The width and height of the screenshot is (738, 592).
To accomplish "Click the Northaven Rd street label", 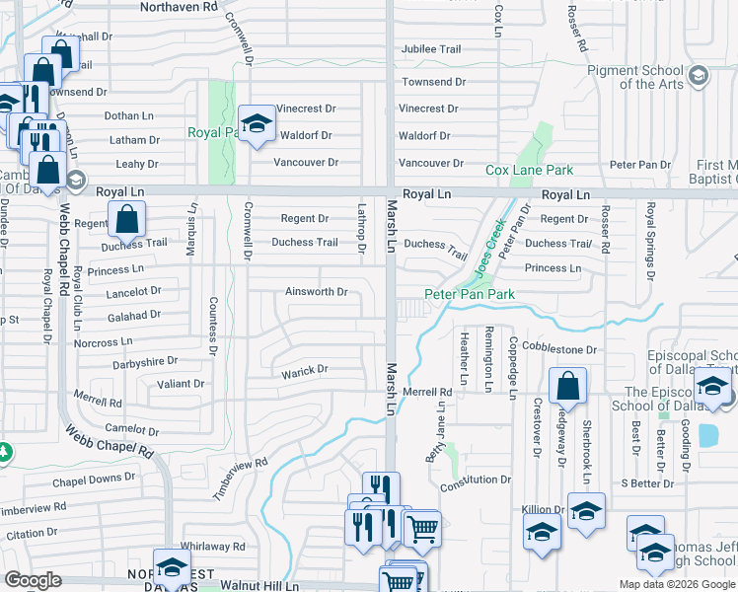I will pyautogui.click(x=179, y=7).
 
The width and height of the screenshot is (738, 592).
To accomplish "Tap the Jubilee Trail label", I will pyautogui.click(x=429, y=49).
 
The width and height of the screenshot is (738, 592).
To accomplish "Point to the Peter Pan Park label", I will pyautogui.click(x=470, y=294).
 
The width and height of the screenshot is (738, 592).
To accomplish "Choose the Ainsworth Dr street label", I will pyautogui.click(x=316, y=292).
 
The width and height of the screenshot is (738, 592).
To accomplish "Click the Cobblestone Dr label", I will pyautogui.click(x=559, y=349).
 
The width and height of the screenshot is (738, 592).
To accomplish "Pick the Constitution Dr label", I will pyautogui.click(x=476, y=480).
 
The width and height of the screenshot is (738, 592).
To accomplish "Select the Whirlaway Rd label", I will pyautogui.click(x=212, y=546).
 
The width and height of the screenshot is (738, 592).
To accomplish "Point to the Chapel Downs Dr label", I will pyautogui.click(x=94, y=478).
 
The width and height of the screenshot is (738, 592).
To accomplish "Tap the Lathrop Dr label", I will pyautogui.click(x=362, y=228).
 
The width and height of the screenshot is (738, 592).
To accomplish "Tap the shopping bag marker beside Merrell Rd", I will pyautogui.click(x=567, y=385).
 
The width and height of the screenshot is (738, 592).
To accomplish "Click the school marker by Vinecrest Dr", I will pyautogui.click(x=257, y=123).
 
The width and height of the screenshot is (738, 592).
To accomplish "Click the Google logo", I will pyautogui.click(x=33, y=580).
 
